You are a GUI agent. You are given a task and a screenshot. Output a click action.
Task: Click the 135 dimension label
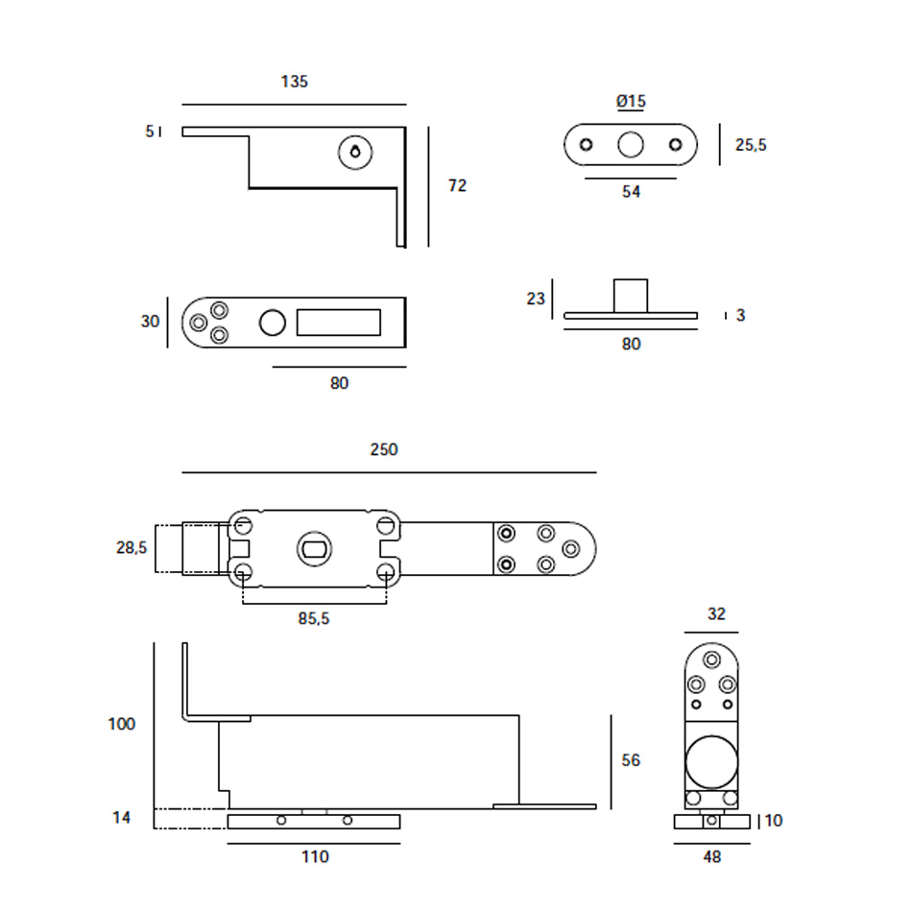click(x=295, y=82)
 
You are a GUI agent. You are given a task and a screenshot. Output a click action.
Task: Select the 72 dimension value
click(x=457, y=185)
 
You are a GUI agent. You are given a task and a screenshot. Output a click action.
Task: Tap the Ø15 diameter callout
click(x=631, y=101)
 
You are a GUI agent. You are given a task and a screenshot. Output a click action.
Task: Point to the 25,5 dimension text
click(x=751, y=145)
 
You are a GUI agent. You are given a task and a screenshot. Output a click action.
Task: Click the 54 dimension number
click(x=631, y=192)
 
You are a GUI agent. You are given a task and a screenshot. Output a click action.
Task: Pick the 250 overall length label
click(x=383, y=449)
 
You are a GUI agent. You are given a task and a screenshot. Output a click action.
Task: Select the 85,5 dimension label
click(x=313, y=619)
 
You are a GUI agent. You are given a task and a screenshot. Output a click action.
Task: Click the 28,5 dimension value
click(x=131, y=548)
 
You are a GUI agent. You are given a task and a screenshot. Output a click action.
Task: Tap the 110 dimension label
click(x=315, y=857)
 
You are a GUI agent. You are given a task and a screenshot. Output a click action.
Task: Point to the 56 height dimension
click(x=631, y=760)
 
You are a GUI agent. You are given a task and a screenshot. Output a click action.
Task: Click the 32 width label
click(x=716, y=614)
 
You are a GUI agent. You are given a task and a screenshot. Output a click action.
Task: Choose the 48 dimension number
click(x=711, y=857)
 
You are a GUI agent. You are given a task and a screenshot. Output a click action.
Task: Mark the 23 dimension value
click(x=536, y=298)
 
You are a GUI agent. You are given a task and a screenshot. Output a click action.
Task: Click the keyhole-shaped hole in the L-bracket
click(x=356, y=152)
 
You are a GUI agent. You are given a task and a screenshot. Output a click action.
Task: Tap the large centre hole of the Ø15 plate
click(x=631, y=145)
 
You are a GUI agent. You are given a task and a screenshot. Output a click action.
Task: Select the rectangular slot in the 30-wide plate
click(x=338, y=322)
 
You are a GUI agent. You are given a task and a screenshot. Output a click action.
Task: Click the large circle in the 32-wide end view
click(x=711, y=761)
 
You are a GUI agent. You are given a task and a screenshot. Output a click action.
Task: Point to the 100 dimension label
click(x=122, y=724)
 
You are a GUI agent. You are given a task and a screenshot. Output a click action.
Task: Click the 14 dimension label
click(x=122, y=818)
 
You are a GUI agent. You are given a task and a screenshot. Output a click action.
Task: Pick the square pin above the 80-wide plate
click(x=631, y=295)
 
